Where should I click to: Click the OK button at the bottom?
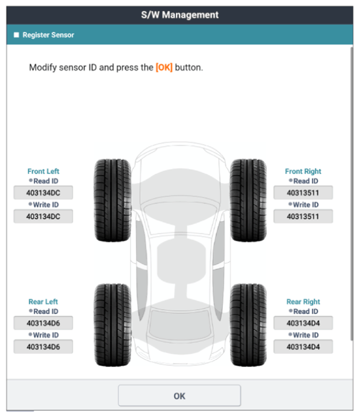click(x=180, y=396)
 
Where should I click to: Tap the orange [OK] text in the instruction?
click(x=164, y=67)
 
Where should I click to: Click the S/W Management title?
click(x=180, y=15)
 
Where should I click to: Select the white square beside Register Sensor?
click(x=16, y=35)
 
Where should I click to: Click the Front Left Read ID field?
click(x=43, y=193)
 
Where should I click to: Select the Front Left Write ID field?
click(x=43, y=217)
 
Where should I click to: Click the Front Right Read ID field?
click(x=303, y=193)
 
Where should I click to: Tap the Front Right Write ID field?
click(x=303, y=217)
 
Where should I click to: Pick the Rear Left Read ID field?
click(x=43, y=323)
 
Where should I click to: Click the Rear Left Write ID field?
click(x=43, y=347)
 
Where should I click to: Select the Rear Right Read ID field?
click(x=303, y=323)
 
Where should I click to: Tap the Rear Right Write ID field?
click(x=303, y=347)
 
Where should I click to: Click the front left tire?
click(x=113, y=200)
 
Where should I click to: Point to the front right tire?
click(x=248, y=200)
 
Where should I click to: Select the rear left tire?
click(x=113, y=325)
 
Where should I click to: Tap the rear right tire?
click(x=248, y=325)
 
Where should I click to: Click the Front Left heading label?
click(x=43, y=171)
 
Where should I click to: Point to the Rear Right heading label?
click(x=303, y=302)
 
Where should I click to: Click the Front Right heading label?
click(x=303, y=171)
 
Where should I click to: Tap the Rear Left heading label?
click(x=43, y=302)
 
